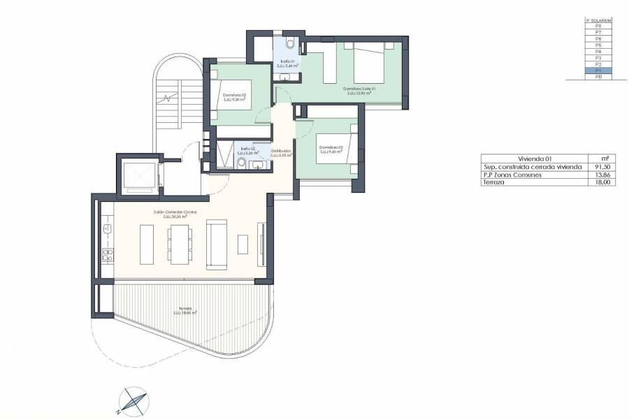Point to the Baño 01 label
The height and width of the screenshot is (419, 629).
(287, 63)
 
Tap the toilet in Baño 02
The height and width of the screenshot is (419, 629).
(241, 163)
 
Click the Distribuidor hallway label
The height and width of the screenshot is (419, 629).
(280, 152)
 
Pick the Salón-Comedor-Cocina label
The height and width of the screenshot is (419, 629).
(175, 212)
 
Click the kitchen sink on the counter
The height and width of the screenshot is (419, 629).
(108, 229)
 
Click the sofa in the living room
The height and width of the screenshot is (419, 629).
(216, 244)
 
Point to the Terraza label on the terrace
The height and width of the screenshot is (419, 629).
(185, 309)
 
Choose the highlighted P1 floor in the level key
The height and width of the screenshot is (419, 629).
(598, 71)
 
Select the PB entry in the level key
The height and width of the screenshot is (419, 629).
(598, 77)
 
